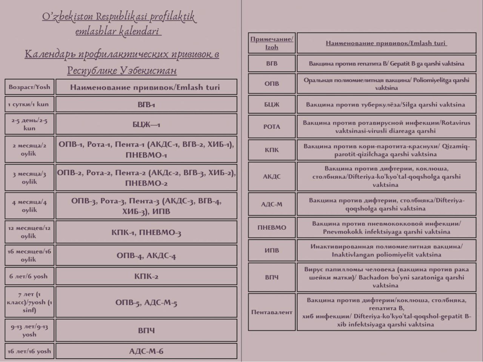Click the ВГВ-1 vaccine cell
point(146,104)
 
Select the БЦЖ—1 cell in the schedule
point(146,124)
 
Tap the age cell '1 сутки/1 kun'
point(29,104)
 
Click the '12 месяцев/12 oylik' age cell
point(29,232)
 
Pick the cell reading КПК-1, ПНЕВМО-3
point(146,232)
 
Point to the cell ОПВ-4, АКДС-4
point(146,255)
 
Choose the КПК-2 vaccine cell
point(146,276)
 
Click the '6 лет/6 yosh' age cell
point(29,276)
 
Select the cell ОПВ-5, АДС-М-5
point(146,302)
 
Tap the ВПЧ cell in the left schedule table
point(146,330)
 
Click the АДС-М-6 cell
point(146,351)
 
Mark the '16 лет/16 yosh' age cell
point(29,351)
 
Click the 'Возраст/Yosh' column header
point(29,87)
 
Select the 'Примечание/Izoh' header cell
point(272,43)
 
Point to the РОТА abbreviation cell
point(272,127)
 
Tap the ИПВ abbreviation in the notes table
point(272,250)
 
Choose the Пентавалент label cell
point(272,312)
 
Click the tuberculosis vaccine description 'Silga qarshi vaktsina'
point(386,104)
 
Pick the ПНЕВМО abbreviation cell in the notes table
point(272,228)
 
